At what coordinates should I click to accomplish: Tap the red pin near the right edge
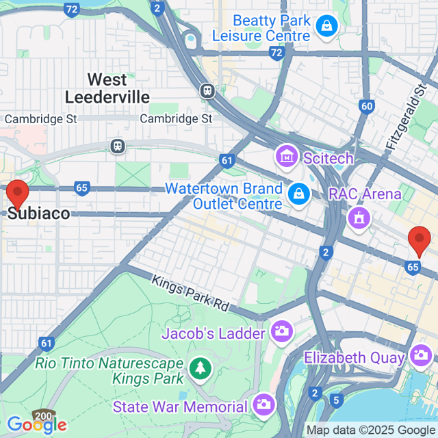click(418, 242)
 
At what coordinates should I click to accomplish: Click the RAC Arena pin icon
click(357, 219)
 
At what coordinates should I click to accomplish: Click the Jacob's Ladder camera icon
click(281, 332)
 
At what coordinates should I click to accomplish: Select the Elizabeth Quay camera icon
click(419, 355)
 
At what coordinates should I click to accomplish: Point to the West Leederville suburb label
click(107, 88)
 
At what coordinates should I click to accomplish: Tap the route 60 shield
click(367, 106)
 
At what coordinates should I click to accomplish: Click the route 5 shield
click(335, 399)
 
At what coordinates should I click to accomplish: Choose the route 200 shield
click(42, 415)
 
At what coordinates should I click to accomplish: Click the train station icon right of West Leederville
click(207, 90)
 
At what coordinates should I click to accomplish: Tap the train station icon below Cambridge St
click(118, 146)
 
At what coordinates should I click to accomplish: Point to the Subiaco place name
click(38, 214)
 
